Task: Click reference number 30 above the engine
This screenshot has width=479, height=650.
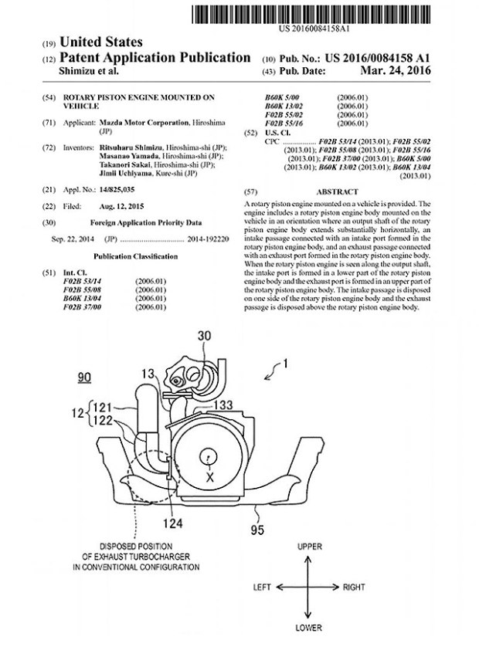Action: tap(204, 335)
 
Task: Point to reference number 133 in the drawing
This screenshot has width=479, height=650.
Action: tap(226, 405)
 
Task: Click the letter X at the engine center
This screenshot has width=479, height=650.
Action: tap(209, 478)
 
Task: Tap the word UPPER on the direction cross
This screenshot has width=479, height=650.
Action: tap(308, 547)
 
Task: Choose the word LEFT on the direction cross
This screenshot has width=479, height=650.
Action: tap(263, 587)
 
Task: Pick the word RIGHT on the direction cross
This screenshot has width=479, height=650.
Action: tap(354, 587)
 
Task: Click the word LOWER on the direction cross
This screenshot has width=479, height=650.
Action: tap(308, 628)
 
